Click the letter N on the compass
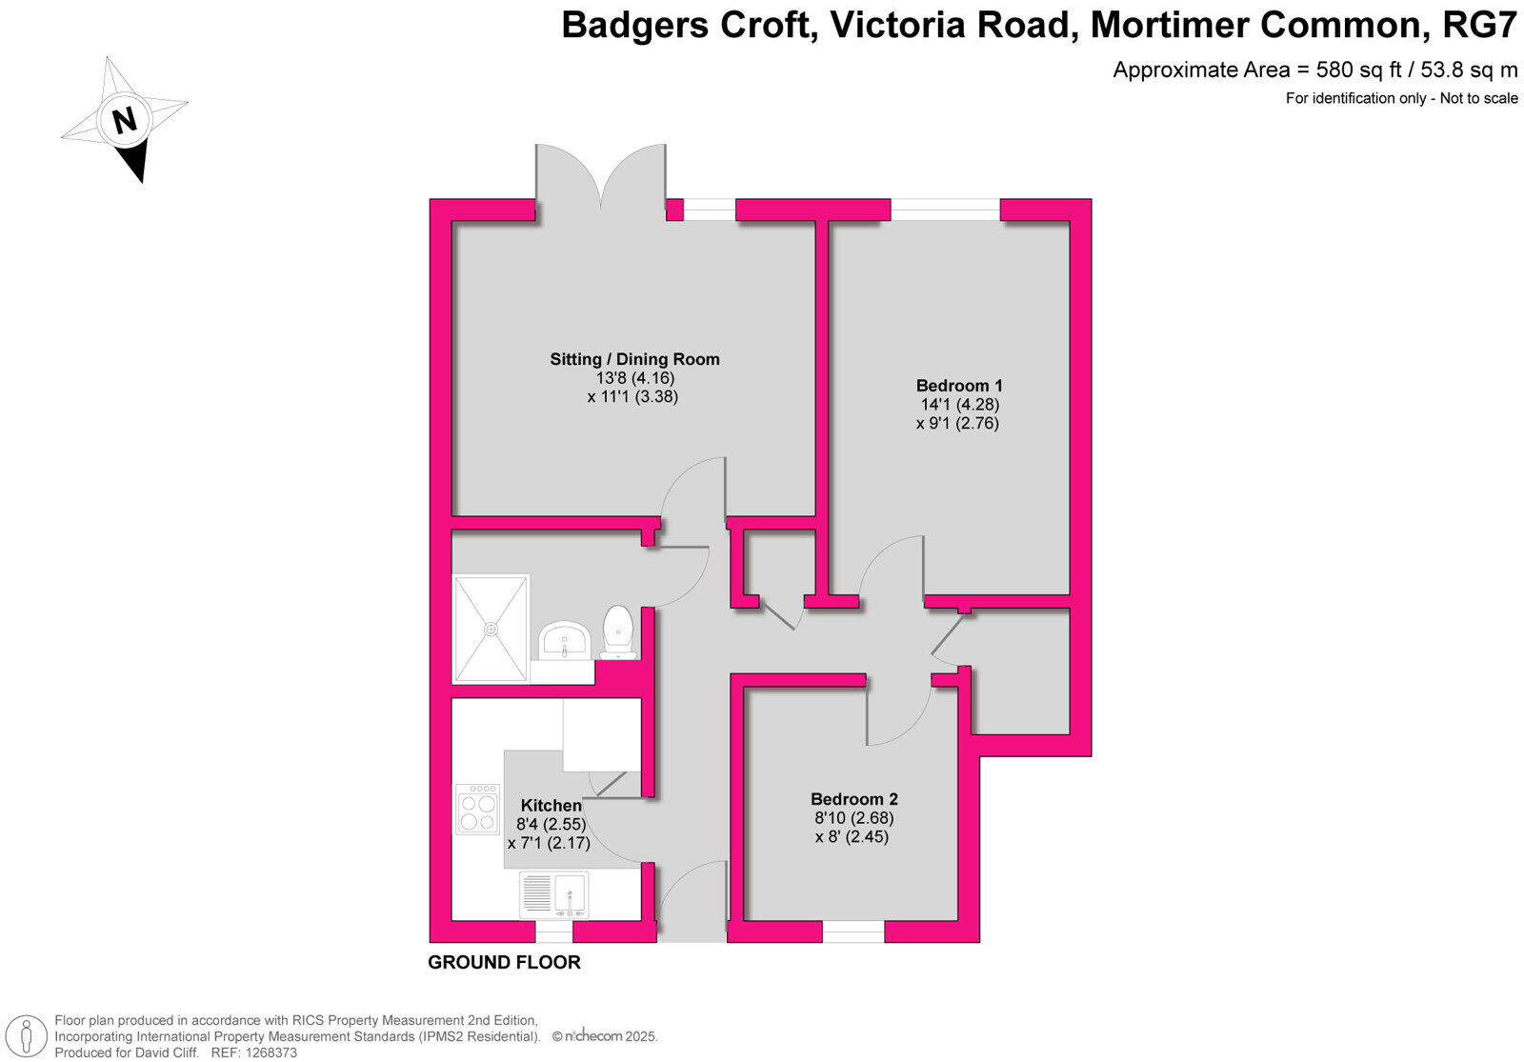click(125, 121)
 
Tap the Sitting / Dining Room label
click(634, 359)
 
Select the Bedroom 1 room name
click(958, 386)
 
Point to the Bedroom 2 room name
click(853, 799)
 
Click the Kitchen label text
click(551, 806)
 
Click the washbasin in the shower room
click(566, 641)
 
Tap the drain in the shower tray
click(491, 629)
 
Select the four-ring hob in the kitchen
click(478, 810)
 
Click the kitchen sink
click(570, 893)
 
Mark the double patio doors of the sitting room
click(600, 181)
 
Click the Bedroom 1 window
click(945, 210)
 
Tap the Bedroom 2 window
click(852, 932)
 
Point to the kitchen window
click(553, 932)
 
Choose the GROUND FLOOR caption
click(504, 962)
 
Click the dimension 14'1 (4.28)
click(958, 404)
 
